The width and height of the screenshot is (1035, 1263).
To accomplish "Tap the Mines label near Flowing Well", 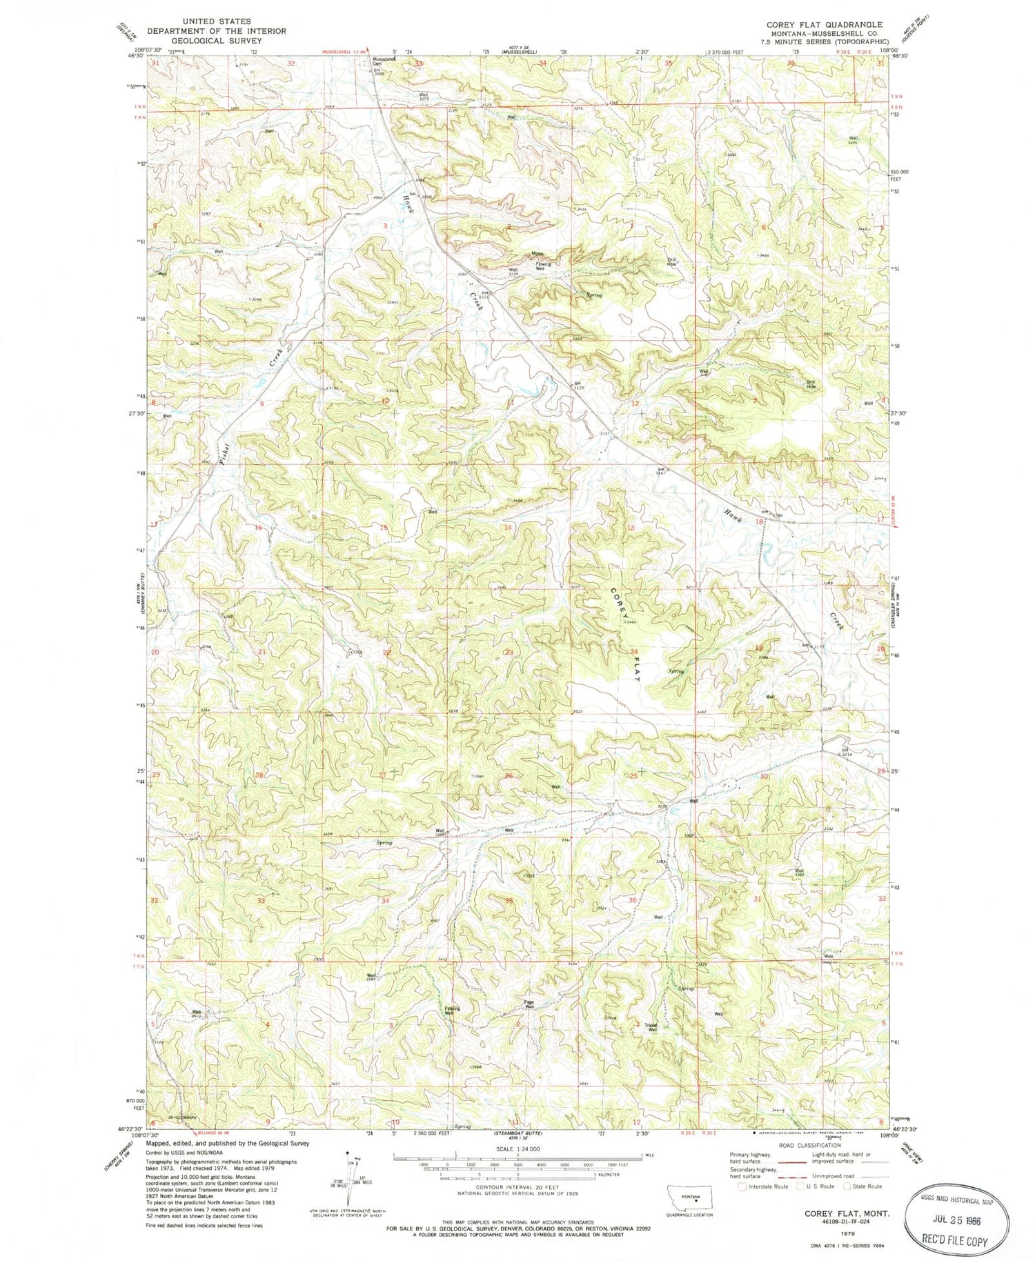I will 538,253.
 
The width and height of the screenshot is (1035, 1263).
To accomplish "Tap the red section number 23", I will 509,652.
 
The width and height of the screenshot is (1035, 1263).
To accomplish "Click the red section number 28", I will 259,775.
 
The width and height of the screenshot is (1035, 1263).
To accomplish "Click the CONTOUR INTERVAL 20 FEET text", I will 517,1195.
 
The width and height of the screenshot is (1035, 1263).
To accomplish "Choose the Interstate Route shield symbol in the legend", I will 742,1186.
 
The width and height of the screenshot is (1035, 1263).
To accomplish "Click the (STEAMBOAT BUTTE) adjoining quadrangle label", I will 518,1133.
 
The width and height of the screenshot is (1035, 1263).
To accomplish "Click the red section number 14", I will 509,527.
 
